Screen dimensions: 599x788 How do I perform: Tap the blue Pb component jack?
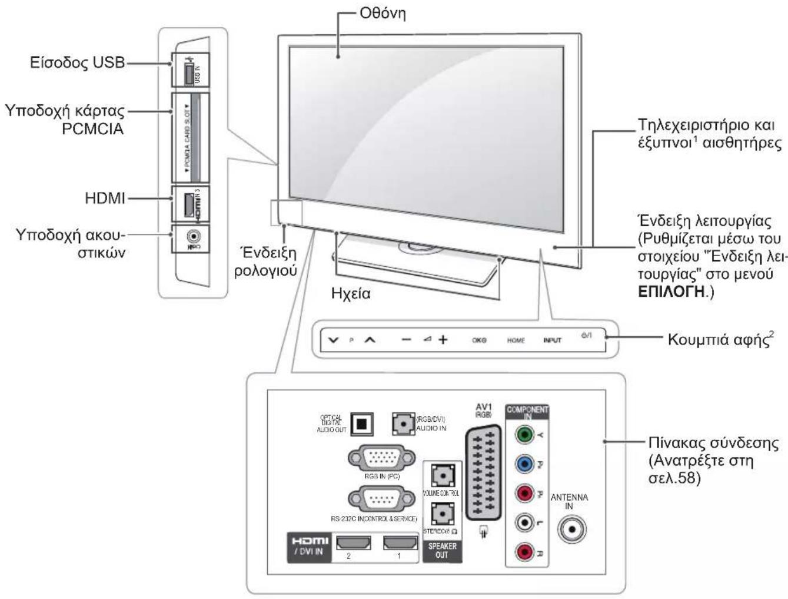tap(524, 464)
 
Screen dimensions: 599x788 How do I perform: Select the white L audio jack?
tap(524, 522)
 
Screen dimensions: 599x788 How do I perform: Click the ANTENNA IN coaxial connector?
tap(570, 529)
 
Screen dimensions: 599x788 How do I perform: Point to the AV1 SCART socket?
tap(483, 474)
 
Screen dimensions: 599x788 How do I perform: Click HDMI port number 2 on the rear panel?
tap(349, 542)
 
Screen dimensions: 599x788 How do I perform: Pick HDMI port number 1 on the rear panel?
tap(400, 542)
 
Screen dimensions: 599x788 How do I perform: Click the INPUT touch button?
tap(552, 340)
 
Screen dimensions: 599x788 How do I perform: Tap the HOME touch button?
tap(516, 340)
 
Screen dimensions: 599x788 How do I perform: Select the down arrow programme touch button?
tap(334, 340)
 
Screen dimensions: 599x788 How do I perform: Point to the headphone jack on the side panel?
tap(192, 236)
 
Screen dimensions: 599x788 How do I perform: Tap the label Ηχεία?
tap(351, 293)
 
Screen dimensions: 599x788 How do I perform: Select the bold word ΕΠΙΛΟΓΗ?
tap(671, 291)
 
